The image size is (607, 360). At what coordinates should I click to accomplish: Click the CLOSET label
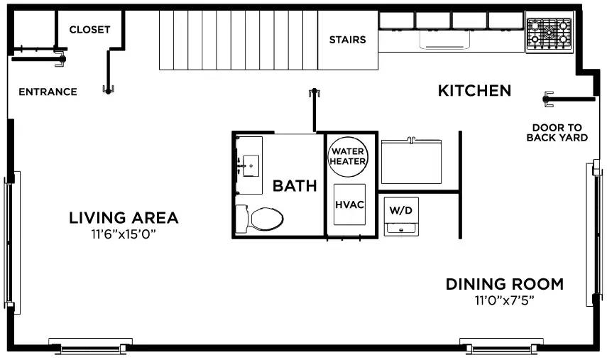(90, 30)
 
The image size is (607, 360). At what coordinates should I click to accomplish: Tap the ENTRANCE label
(48, 92)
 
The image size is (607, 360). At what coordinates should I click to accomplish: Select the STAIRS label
(347, 40)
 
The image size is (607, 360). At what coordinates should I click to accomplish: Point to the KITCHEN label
(474, 91)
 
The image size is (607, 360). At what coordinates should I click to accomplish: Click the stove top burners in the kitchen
(549, 33)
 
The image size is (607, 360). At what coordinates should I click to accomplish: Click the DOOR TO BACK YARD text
(557, 133)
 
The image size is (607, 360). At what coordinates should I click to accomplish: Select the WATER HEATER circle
(348, 156)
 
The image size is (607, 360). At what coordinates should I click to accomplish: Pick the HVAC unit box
(349, 204)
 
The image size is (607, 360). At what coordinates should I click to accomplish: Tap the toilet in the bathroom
(259, 217)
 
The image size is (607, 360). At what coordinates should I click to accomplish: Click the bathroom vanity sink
(248, 165)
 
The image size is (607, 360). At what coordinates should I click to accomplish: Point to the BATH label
(295, 187)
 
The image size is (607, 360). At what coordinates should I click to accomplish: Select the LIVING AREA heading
(124, 218)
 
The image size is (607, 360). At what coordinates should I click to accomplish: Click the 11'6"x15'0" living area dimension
(124, 234)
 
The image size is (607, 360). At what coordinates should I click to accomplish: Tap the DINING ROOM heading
(504, 285)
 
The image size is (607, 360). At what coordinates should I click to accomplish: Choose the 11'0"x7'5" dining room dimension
(504, 300)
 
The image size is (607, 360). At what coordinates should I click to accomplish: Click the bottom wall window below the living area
(91, 347)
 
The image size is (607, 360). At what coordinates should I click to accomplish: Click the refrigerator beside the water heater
(412, 162)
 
